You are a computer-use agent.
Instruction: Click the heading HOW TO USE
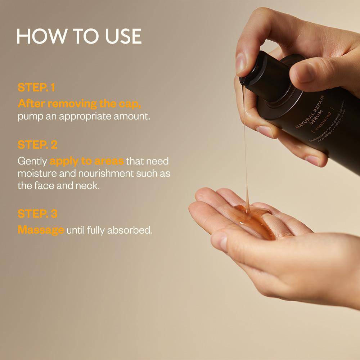point(79,36)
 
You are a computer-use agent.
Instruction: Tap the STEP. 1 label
point(36,87)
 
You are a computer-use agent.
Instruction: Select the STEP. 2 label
point(37,145)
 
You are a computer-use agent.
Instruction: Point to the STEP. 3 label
point(37,213)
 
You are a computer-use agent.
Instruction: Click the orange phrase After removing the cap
point(79,104)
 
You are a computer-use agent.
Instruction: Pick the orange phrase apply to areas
point(86,161)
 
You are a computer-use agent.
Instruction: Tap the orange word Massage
point(41,230)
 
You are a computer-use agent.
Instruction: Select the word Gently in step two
point(32,161)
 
